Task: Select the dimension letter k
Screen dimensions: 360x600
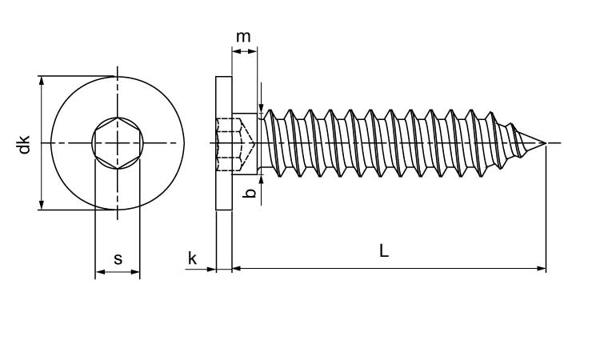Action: [192, 258]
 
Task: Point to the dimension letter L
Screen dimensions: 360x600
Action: [384, 251]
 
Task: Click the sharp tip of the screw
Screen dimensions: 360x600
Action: [545, 144]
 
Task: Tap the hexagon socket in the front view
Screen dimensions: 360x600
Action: [118, 144]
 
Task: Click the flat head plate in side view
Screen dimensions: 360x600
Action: [224, 142]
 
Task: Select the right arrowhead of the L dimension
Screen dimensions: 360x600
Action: [542, 270]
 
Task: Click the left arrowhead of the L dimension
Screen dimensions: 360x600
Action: [236, 270]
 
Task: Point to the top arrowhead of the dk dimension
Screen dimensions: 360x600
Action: [41, 81]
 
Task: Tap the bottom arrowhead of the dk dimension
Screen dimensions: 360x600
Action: [41, 206]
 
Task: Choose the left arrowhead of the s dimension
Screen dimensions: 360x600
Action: [99, 273]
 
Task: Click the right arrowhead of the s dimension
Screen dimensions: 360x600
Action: [136, 273]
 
